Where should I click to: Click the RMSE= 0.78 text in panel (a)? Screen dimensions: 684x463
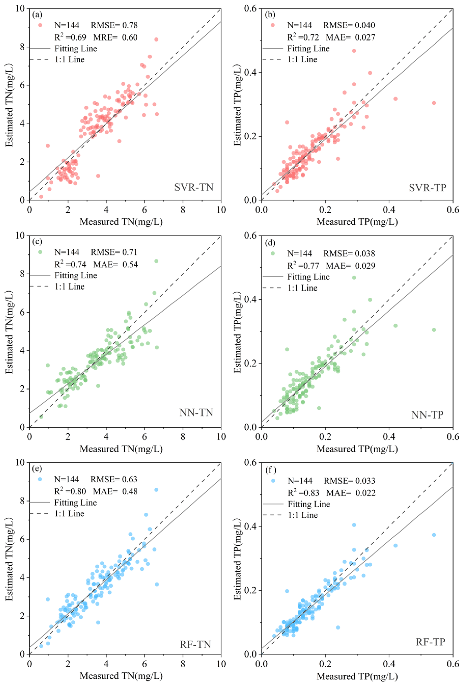[x=114, y=25]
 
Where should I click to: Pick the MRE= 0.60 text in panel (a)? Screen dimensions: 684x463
[x=115, y=37]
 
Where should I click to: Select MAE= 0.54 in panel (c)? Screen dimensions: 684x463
[x=115, y=264]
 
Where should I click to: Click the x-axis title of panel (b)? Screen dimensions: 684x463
[x=357, y=222]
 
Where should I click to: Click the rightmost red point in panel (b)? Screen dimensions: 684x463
[x=434, y=103]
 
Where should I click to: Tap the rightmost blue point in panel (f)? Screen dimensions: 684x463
[x=434, y=535]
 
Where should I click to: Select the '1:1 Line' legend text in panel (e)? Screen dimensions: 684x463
[x=69, y=514]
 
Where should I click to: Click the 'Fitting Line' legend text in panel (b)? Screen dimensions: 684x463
[x=308, y=48]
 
